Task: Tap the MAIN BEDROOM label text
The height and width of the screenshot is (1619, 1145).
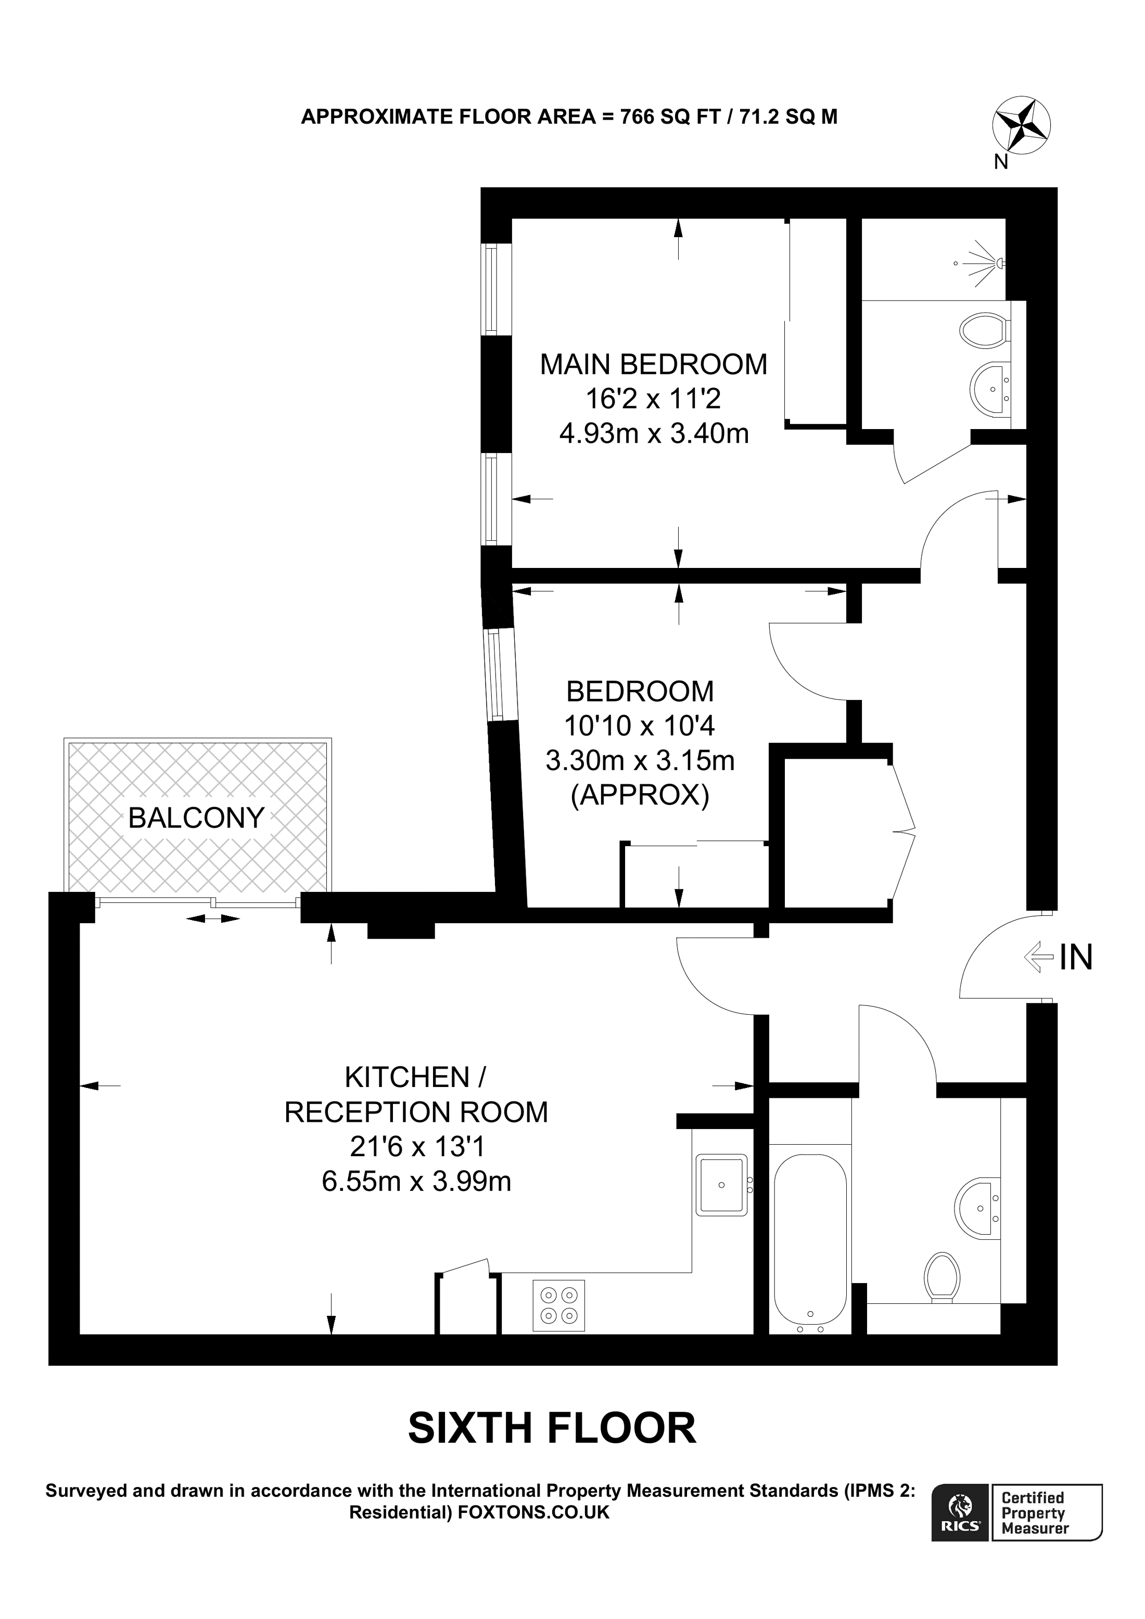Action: [x=653, y=365]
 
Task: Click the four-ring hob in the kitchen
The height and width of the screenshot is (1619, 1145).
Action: [x=559, y=1305]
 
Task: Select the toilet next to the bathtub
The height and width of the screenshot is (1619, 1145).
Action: [x=943, y=1278]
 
